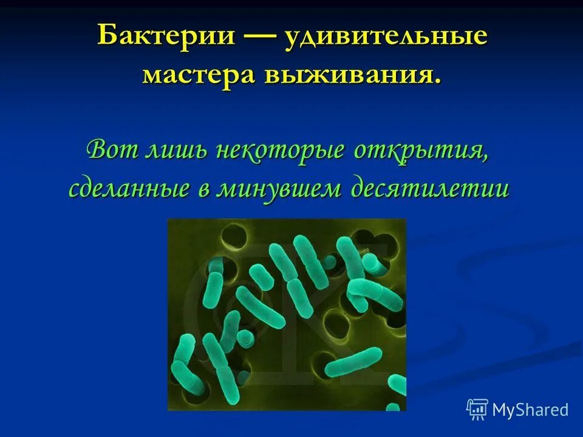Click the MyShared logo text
pyautogui.click(x=530, y=410)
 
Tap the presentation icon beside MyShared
pyautogui.click(x=477, y=409)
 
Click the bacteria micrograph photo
pyautogui.click(x=287, y=314)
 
